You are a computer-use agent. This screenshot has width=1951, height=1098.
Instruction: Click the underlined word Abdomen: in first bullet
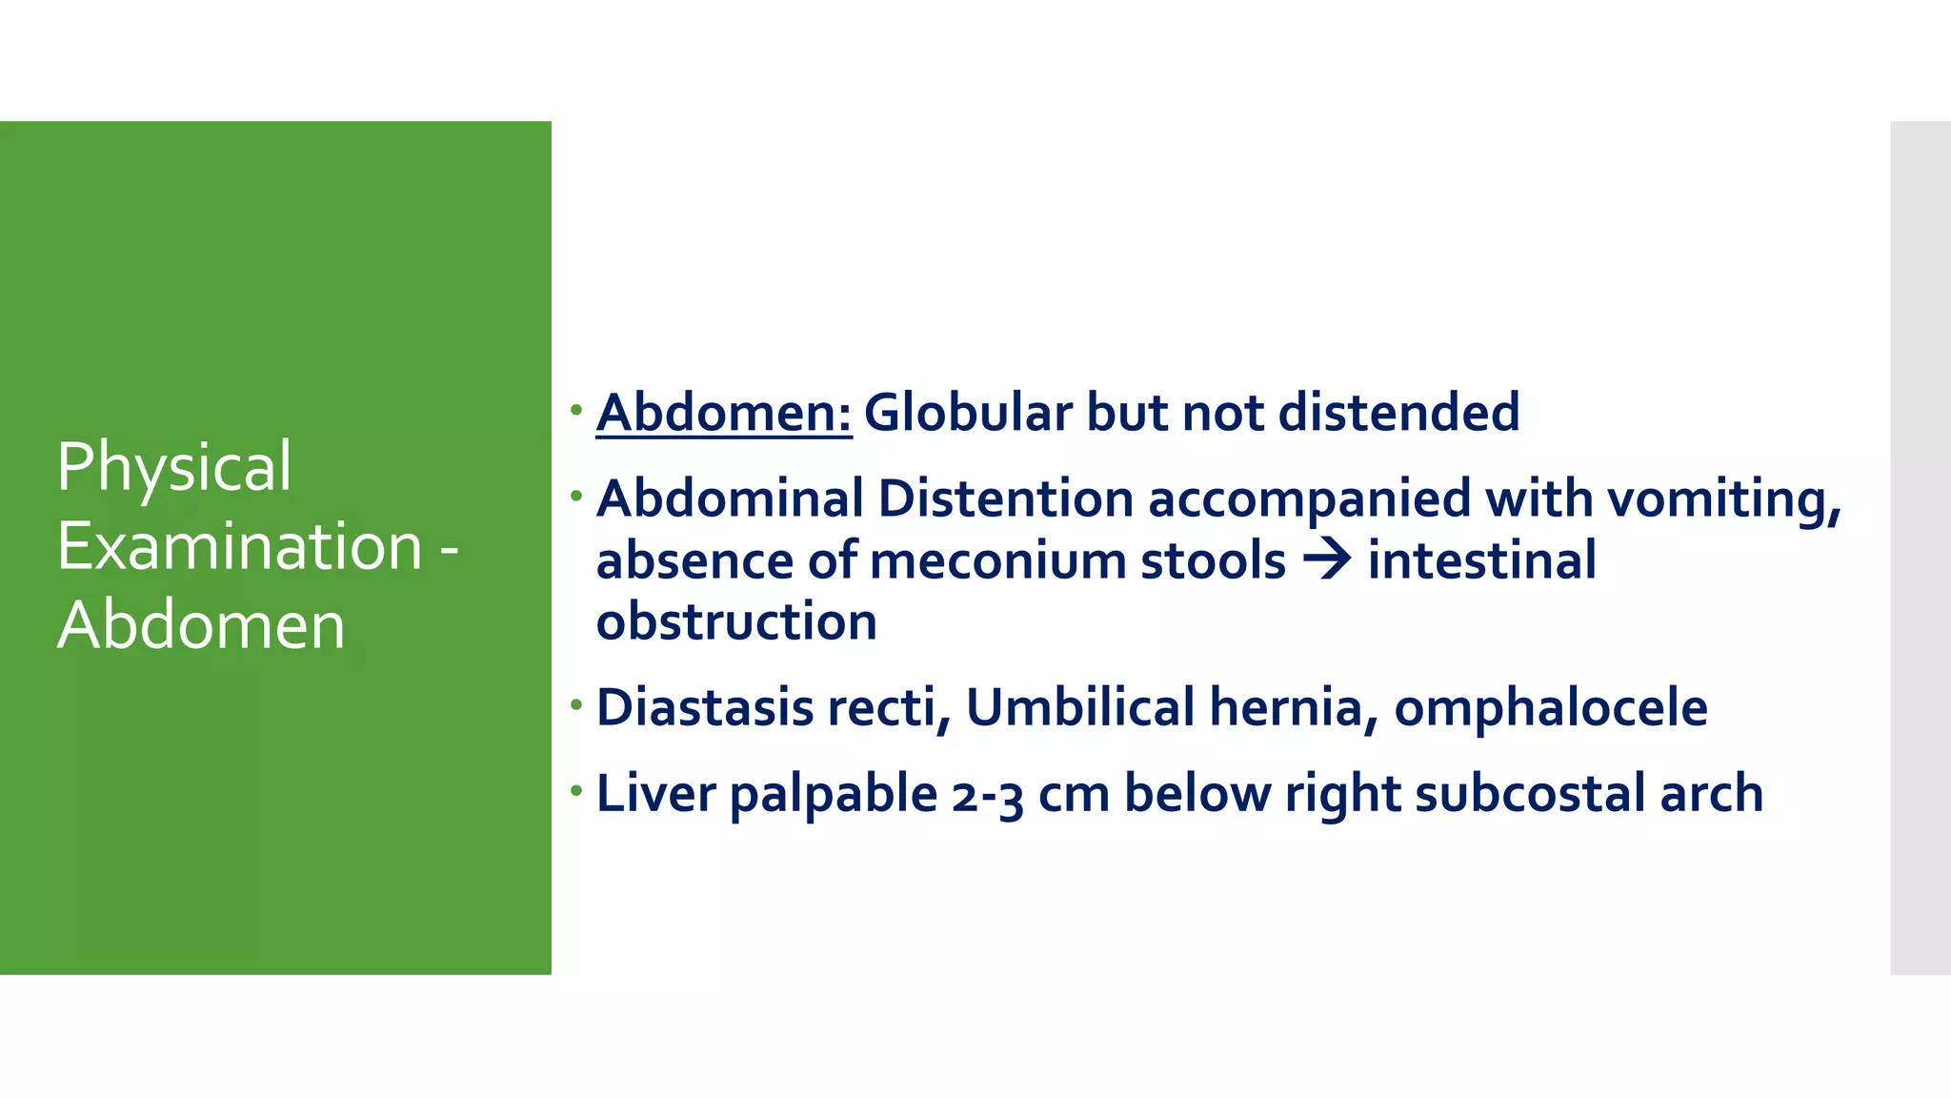[724, 413]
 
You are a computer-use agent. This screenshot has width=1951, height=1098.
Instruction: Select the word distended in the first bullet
[1398, 413]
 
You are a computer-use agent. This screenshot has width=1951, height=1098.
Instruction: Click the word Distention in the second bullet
[1005, 498]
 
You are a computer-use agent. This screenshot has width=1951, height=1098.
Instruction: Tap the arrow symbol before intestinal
[1327, 559]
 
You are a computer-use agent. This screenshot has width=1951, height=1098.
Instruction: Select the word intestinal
[1481, 560]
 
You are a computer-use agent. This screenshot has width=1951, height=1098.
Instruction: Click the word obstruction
[736, 622]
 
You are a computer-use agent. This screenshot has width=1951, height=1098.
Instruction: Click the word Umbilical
[1080, 708]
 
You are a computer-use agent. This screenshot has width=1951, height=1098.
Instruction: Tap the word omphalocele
[1550, 708]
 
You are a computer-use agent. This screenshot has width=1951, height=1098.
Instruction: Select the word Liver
[655, 794]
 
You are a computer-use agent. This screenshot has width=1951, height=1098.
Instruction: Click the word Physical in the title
[174, 467]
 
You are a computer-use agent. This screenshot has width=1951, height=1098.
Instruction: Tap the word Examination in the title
[240, 547]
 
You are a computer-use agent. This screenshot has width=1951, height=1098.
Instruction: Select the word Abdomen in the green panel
[201, 626]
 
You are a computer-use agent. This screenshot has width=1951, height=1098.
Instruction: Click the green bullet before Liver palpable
[575, 790]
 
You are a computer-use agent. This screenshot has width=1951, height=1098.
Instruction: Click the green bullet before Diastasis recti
[575, 704]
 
